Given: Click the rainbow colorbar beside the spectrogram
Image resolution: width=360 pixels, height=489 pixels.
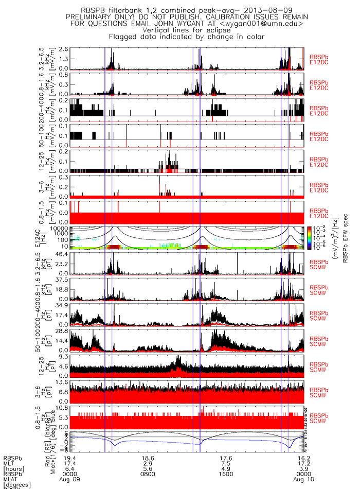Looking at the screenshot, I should pyautogui.click(x=309, y=238).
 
